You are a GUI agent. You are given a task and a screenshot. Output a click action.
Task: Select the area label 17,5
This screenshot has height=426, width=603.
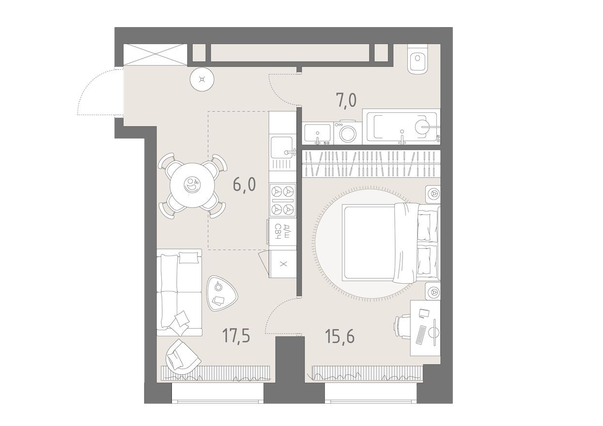[x=236, y=335]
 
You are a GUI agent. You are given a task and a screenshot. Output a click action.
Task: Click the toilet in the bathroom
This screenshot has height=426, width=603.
[x=417, y=59]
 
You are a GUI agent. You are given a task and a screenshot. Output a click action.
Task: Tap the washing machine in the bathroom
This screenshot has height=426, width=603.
[x=347, y=133]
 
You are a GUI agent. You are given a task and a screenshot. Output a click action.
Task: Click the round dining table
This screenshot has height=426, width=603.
[x=192, y=184]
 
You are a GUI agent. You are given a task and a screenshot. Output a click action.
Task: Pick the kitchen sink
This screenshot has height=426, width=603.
[x=282, y=146]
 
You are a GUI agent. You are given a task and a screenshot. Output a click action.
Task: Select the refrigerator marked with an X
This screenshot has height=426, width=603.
[x=283, y=264]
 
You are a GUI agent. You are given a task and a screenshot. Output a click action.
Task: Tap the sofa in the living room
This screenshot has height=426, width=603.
[x=178, y=292]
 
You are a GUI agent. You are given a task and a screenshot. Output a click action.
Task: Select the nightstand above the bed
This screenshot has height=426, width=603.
[x=433, y=194]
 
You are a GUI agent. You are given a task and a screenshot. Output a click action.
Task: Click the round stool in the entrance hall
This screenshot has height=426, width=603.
[x=201, y=80]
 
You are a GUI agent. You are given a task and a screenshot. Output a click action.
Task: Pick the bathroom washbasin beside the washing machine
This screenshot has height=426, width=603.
[x=318, y=133]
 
